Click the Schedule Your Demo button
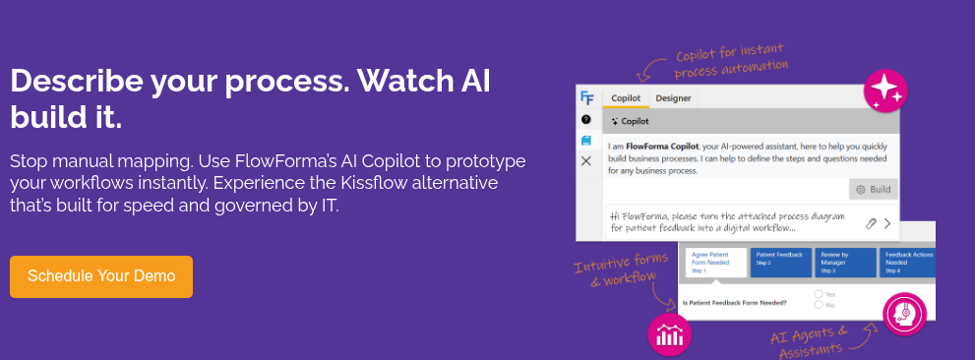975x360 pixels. (101, 276)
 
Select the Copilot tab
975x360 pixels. (626, 97)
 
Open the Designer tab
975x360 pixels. (673, 97)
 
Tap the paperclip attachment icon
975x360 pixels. (871, 223)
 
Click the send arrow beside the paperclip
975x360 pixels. (886, 223)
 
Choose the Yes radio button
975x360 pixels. (819, 294)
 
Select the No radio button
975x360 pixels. (819, 305)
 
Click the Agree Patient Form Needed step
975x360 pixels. (715, 262)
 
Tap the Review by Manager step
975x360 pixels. (844, 262)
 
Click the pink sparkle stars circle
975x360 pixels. (884, 90)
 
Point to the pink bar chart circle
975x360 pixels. (670, 333)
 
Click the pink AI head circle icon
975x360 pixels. (904, 314)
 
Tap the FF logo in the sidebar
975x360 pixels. (586, 97)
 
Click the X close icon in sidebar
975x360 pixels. (586, 160)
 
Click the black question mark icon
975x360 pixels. (586, 119)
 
